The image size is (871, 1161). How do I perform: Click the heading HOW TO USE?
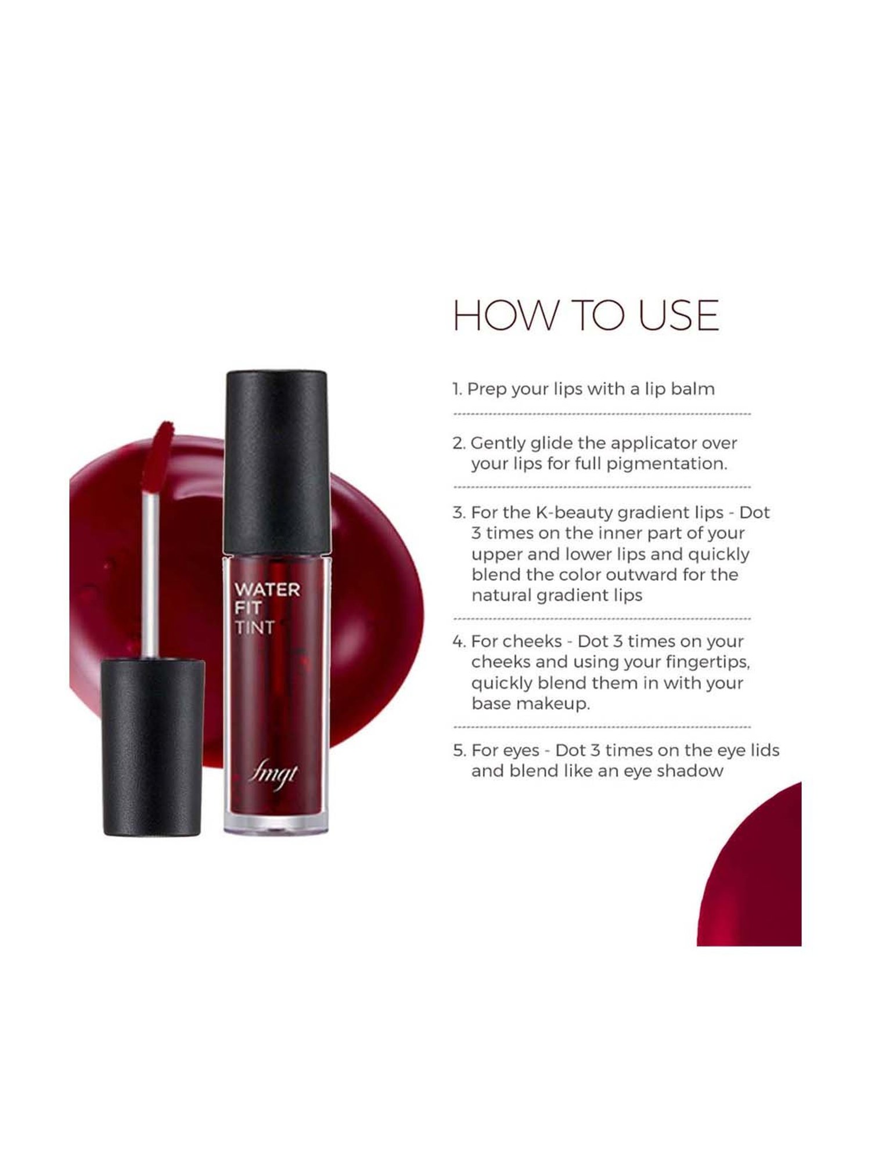pyautogui.click(x=585, y=316)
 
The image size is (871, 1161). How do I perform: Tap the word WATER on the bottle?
pyautogui.click(x=267, y=590)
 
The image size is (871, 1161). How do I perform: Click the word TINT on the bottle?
pyautogui.click(x=254, y=628)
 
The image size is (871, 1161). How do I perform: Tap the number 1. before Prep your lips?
pyautogui.click(x=458, y=389)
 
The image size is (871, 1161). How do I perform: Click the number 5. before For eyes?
pyautogui.click(x=459, y=751)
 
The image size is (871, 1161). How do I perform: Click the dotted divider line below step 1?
pyautogui.click(x=602, y=414)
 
